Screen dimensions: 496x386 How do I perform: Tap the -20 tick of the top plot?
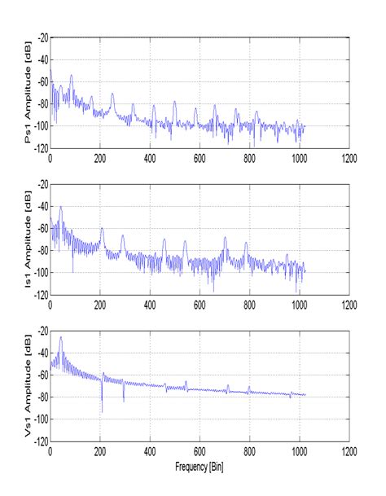pos(41,37)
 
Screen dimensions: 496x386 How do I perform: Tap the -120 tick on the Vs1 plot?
pos(39,441)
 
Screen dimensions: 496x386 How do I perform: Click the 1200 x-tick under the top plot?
pos(350,156)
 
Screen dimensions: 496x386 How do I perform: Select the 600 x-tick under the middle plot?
pos(200,305)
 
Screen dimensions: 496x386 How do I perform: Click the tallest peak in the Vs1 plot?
pos(60,337)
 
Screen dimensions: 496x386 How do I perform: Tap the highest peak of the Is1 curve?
pos(60,208)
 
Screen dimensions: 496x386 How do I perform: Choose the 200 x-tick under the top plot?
pos(101,156)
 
